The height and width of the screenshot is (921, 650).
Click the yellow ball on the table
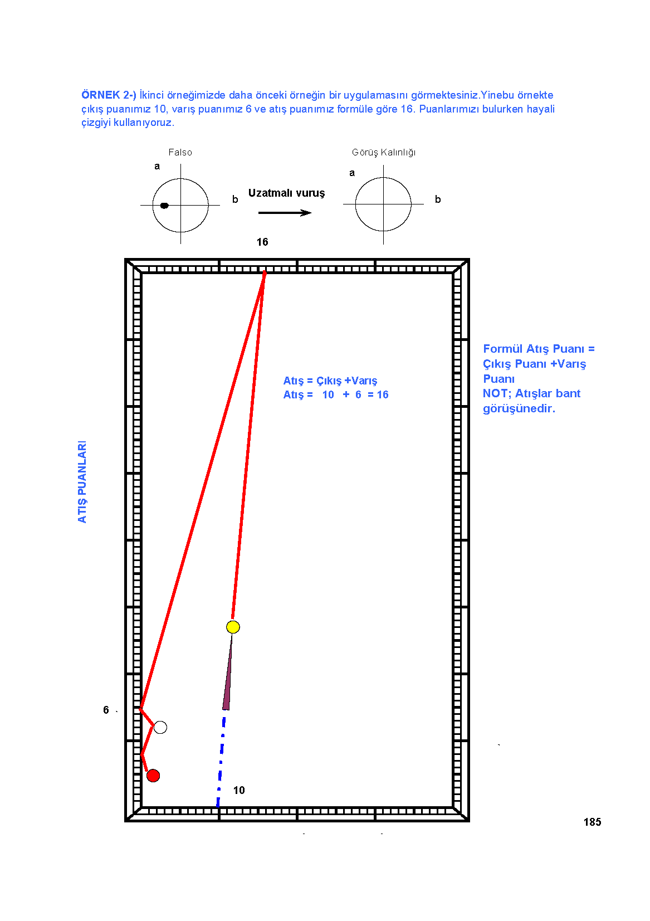tap(233, 627)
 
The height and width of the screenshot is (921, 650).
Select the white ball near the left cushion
tap(160, 727)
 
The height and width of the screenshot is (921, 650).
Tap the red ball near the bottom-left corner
tap(153, 776)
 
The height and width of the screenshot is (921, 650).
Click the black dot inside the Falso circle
tap(164, 206)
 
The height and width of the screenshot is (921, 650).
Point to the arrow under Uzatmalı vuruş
tap(285, 213)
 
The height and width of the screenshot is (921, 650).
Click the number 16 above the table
tap(262, 242)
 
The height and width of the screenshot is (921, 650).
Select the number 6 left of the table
tap(106, 710)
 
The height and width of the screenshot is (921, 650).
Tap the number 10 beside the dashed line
tap(239, 790)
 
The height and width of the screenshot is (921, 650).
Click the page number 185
tap(592, 822)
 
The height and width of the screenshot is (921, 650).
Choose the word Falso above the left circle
tap(180, 152)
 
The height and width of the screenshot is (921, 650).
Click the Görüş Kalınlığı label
tap(384, 153)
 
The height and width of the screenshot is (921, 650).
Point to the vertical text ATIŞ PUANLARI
tap(82, 481)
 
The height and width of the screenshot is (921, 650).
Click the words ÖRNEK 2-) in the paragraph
tap(109, 95)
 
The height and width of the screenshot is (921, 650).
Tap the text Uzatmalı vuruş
tap(286, 193)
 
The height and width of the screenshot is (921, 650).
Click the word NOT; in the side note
tap(497, 393)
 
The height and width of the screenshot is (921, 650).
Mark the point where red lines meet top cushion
tap(265, 272)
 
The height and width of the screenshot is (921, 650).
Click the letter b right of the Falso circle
tap(234, 199)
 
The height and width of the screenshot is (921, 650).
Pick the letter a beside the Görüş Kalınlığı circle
tap(352, 173)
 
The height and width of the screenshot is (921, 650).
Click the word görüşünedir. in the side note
tap(519, 409)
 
